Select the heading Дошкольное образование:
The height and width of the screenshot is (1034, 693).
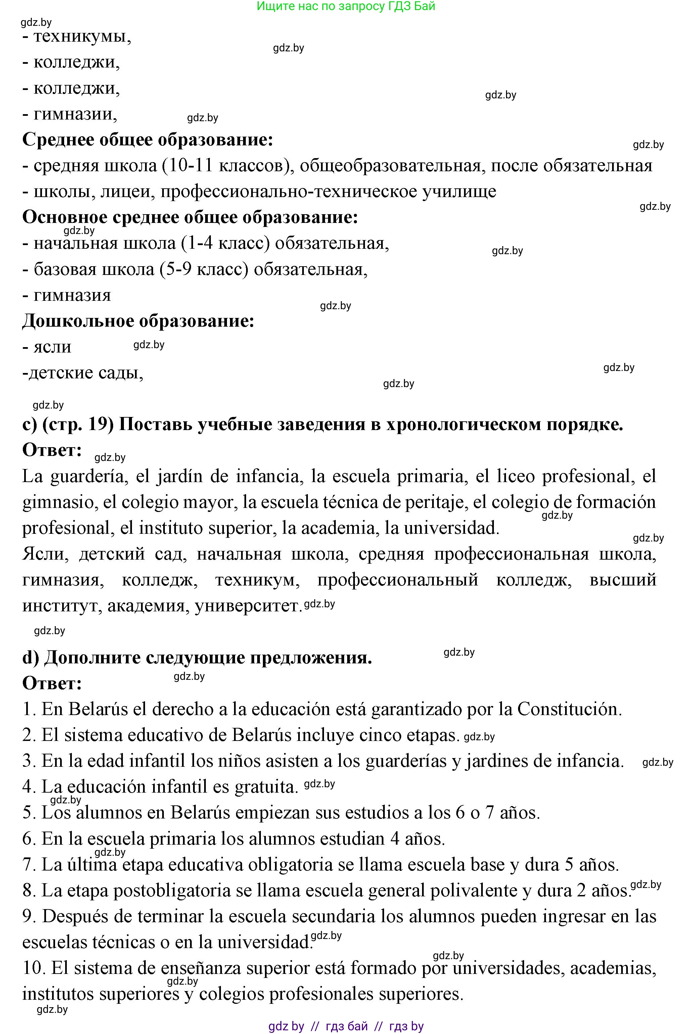(138, 321)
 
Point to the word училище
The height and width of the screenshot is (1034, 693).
(460, 192)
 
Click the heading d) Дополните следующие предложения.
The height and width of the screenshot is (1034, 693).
(197, 658)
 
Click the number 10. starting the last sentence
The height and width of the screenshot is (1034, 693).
(34, 968)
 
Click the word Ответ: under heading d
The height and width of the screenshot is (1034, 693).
(52, 684)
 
